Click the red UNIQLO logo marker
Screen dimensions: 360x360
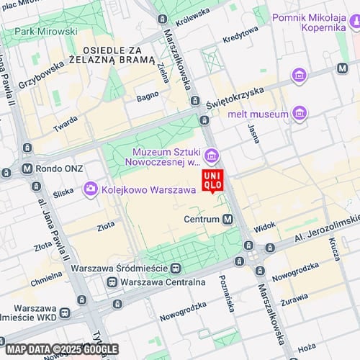[x=212, y=180]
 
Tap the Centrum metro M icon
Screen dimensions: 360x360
[x=228, y=219]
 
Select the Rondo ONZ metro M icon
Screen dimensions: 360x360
[x=27, y=169]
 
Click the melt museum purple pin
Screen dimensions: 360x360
[x=300, y=114]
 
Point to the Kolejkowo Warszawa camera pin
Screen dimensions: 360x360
[x=91, y=189]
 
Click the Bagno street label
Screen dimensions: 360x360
[x=147, y=95]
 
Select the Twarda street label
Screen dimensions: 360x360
[x=65, y=124]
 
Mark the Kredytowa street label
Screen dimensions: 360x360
[x=240, y=34]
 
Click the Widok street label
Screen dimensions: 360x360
[x=265, y=225]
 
